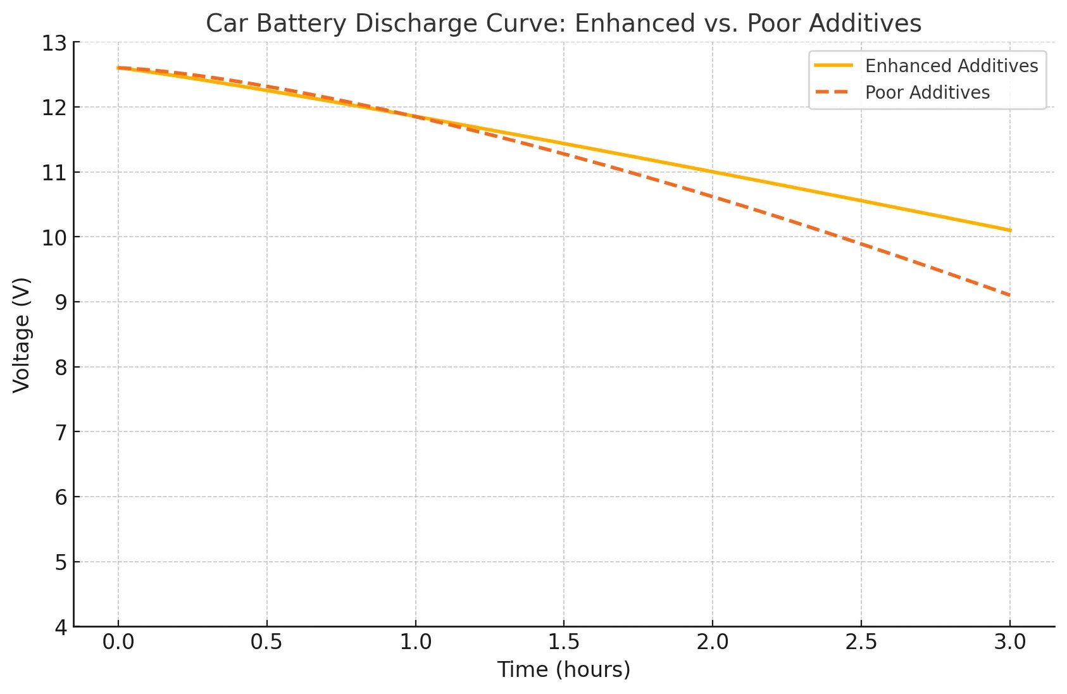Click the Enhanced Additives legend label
point(951,66)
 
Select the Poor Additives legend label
point(927,92)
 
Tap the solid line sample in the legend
point(833,66)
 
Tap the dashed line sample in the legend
point(833,92)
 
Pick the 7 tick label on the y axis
point(60,432)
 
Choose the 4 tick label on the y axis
point(60,627)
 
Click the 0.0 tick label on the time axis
point(118,642)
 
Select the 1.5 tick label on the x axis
point(564,642)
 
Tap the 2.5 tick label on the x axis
point(861,642)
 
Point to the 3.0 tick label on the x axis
point(1010,642)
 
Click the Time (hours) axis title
point(564,669)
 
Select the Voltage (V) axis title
point(22,335)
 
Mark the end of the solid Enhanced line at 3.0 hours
point(1010,230)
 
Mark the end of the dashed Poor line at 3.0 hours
point(1010,295)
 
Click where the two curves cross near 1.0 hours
point(415,116)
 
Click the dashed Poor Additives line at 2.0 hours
point(713,196)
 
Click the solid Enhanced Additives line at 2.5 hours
point(861,201)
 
